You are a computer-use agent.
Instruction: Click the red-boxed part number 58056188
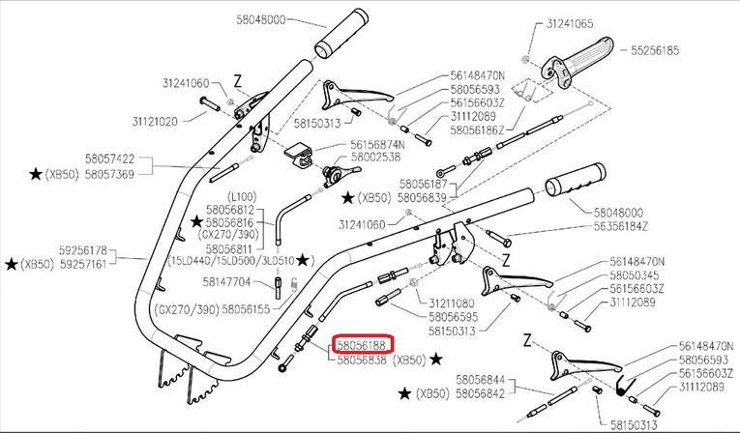point(362,344)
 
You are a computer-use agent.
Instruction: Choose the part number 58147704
point(227,282)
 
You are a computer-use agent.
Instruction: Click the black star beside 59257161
point(11,264)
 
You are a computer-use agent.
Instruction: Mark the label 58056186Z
point(476,129)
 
